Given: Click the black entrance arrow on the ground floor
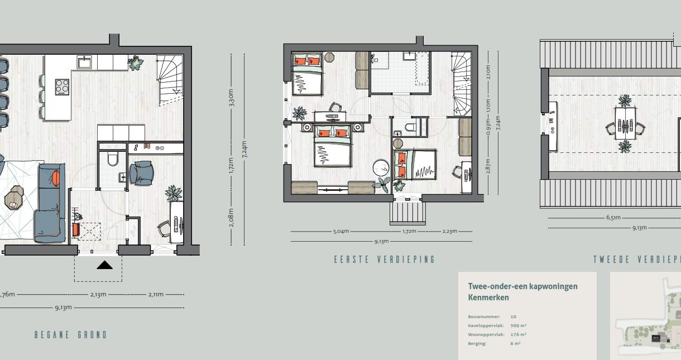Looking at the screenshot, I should tap(104, 265).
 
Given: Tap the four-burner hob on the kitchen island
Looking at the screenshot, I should tap(63, 87).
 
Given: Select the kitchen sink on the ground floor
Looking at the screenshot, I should tap(85, 61).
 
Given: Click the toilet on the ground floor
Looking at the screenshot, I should tap(112, 159).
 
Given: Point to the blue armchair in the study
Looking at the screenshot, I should tap(142, 172).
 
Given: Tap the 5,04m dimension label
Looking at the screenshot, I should tap(341, 231).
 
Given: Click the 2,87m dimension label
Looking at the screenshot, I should tap(488, 167).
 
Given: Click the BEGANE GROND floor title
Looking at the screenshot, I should tap(70, 335).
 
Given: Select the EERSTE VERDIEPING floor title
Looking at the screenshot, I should tap(384, 260).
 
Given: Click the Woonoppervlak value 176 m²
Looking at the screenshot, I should tap(519, 334).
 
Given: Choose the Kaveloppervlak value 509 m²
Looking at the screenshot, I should tap(519, 325).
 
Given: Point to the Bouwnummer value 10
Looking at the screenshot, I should tap(514, 316).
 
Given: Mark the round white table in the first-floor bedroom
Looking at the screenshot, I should tap(382, 168).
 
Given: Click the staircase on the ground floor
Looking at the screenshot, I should tap(170, 81).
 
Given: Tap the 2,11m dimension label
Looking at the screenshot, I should tap(155, 294).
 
